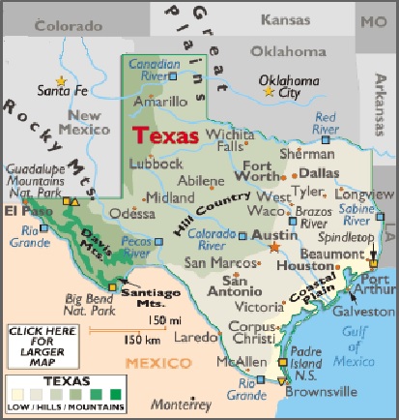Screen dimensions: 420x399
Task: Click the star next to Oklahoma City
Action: (270, 92)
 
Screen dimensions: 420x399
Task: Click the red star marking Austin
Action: (274, 248)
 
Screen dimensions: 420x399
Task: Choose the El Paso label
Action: (26, 209)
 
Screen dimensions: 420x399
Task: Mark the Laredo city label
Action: (195, 337)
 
